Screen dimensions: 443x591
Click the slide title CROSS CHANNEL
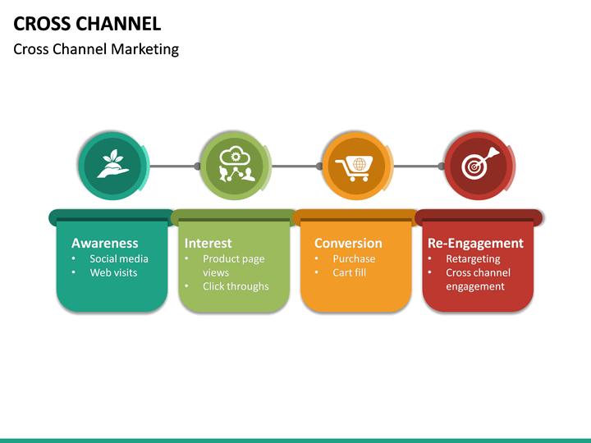point(87,23)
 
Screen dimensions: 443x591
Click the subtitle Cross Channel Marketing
point(96,49)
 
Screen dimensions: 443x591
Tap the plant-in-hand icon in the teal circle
point(112,166)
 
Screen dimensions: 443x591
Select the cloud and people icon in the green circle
point(236,166)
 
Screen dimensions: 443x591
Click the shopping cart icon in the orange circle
point(357,166)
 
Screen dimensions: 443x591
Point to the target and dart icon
point(479,166)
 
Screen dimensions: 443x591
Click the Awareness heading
point(104,243)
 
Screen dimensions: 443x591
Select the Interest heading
point(208,243)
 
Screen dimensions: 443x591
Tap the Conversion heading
point(348,243)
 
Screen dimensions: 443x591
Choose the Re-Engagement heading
point(475,243)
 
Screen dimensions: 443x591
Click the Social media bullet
point(119,258)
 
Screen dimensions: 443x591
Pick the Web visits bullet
point(113,272)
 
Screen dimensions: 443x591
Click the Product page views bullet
point(233,265)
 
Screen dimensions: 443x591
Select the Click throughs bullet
point(236,286)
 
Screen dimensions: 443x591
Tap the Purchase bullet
point(354,258)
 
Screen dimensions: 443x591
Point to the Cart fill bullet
point(349,272)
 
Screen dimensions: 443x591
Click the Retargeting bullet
point(473,258)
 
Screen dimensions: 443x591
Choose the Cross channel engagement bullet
point(478,279)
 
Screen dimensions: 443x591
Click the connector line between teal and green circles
point(173,166)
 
